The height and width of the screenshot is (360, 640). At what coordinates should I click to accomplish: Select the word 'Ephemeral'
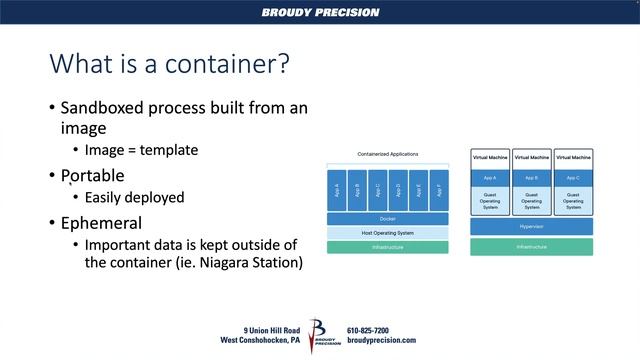tap(101, 222)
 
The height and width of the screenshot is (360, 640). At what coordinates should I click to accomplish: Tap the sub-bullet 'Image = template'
tap(141, 150)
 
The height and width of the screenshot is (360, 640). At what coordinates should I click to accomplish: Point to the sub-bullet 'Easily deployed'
tap(134, 197)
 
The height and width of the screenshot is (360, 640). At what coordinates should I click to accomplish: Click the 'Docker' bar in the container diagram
tap(387, 218)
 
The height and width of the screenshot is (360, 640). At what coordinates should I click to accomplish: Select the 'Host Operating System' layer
tap(387, 232)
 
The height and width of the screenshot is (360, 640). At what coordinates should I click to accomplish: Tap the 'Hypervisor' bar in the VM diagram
tap(531, 226)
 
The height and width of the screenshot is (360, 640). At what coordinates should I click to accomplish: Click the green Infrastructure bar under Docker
tap(387, 246)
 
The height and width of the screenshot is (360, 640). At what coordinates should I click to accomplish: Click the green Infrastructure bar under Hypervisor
tap(531, 246)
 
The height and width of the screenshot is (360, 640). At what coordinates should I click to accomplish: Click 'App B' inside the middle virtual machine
tap(532, 177)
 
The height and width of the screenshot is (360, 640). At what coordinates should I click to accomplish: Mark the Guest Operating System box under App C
tap(573, 199)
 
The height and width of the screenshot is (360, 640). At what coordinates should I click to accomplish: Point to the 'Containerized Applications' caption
tap(387, 154)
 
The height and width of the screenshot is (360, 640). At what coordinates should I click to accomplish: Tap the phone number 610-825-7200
tap(368, 330)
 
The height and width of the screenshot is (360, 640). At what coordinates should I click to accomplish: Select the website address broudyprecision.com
tap(381, 340)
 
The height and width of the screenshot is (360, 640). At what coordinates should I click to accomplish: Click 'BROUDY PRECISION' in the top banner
tap(320, 13)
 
